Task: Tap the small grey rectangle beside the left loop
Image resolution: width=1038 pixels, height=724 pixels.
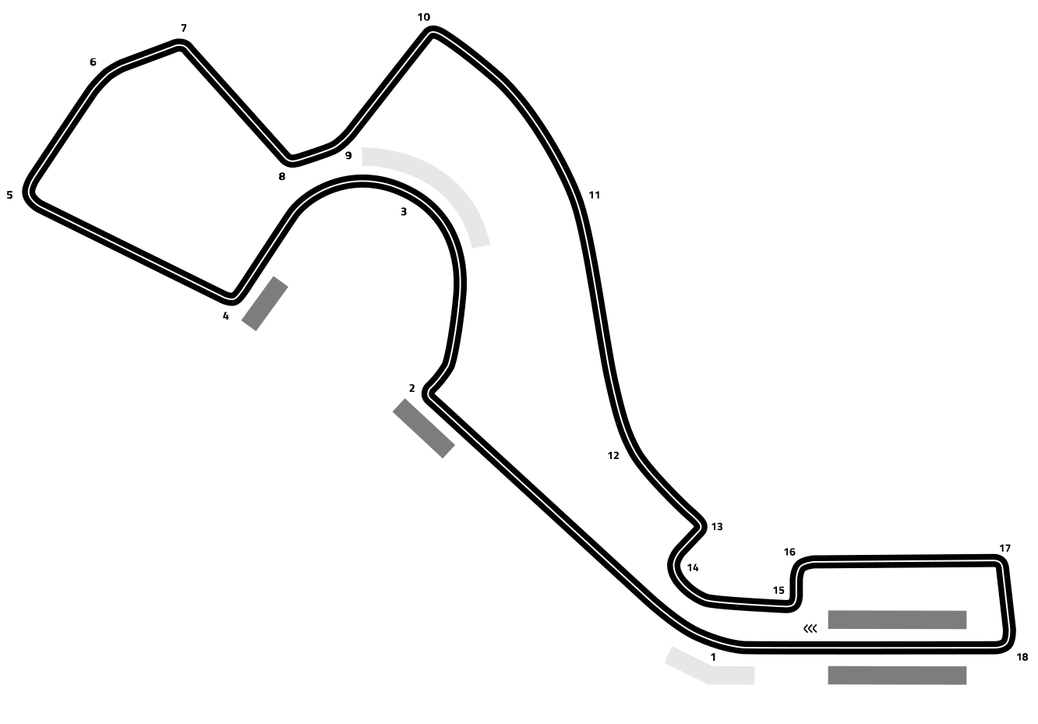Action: pyautogui.click(x=264, y=303)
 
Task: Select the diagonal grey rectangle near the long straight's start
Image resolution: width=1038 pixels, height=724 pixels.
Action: pyautogui.click(x=423, y=428)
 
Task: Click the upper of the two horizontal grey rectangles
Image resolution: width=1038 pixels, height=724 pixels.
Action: pyautogui.click(x=897, y=620)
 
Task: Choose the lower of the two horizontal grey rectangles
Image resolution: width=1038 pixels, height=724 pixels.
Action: pyautogui.click(x=897, y=675)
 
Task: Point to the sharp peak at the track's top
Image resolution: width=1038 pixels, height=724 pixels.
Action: pyautogui.click(x=431, y=33)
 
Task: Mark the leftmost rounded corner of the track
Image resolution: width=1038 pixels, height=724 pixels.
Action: pyautogui.click(x=30, y=192)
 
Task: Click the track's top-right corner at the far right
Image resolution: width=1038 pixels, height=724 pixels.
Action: pyautogui.click(x=999, y=562)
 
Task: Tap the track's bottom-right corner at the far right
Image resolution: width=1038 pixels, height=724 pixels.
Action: pyautogui.click(x=1005, y=643)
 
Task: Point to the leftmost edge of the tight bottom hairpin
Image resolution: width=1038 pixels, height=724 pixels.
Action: pyautogui.click(x=674, y=564)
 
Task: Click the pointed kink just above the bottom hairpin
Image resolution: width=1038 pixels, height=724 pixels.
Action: pyautogui.click(x=700, y=527)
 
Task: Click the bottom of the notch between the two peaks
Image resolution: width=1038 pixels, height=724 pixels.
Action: pyautogui.click(x=291, y=160)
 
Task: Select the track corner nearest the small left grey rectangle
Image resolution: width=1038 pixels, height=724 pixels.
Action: pyautogui.click(x=233, y=296)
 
